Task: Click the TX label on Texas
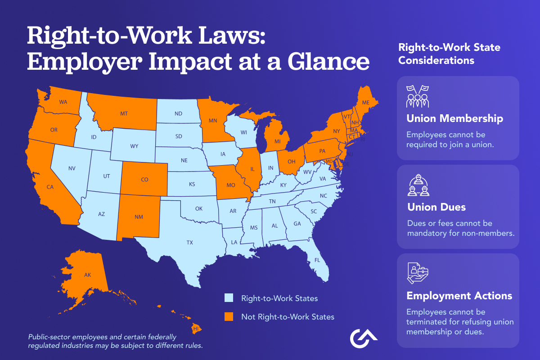point(189,243)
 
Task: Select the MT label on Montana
point(124,114)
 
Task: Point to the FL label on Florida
point(317,260)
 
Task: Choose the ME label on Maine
point(365,103)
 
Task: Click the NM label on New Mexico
point(139,216)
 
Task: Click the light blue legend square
point(229,298)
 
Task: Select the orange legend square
point(229,317)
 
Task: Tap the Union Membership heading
point(454,119)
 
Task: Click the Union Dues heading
point(436,207)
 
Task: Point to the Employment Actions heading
point(459,296)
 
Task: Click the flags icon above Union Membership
point(418,96)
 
